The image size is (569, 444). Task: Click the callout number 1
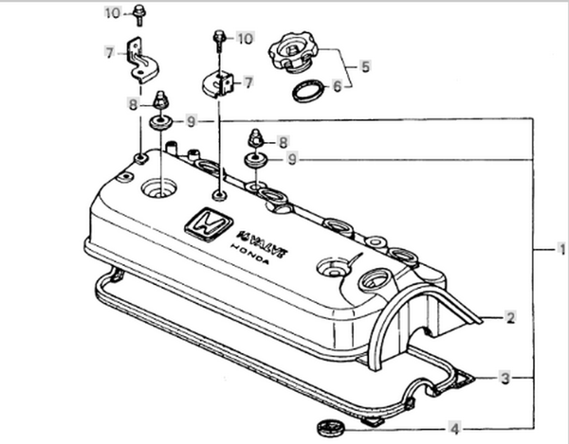[x=561, y=249]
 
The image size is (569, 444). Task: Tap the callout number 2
[x=510, y=317]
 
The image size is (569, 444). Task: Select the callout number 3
[x=505, y=378]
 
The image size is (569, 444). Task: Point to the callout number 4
[x=454, y=429]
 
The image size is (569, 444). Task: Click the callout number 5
[x=365, y=66]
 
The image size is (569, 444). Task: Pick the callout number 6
[x=338, y=86]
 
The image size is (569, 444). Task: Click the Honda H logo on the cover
[x=209, y=224]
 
